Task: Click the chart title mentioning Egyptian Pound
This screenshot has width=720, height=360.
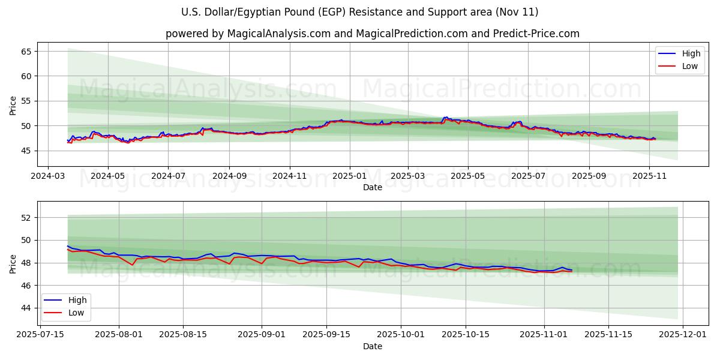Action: pyautogui.click(x=360, y=12)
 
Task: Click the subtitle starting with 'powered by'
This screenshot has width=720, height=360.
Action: pyautogui.click(x=372, y=34)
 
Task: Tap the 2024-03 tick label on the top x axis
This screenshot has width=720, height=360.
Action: pyautogui.click(x=49, y=177)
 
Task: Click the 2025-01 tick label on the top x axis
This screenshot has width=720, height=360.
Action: pyautogui.click(x=349, y=177)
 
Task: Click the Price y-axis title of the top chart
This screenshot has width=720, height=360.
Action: pyautogui.click(x=13, y=105)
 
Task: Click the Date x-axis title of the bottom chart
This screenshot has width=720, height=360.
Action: pyautogui.click(x=372, y=346)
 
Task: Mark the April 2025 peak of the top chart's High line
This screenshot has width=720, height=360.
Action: pyautogui.click(x=445, y=117)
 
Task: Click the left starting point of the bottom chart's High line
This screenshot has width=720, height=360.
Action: pyautogui.click(x=67, y=245)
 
